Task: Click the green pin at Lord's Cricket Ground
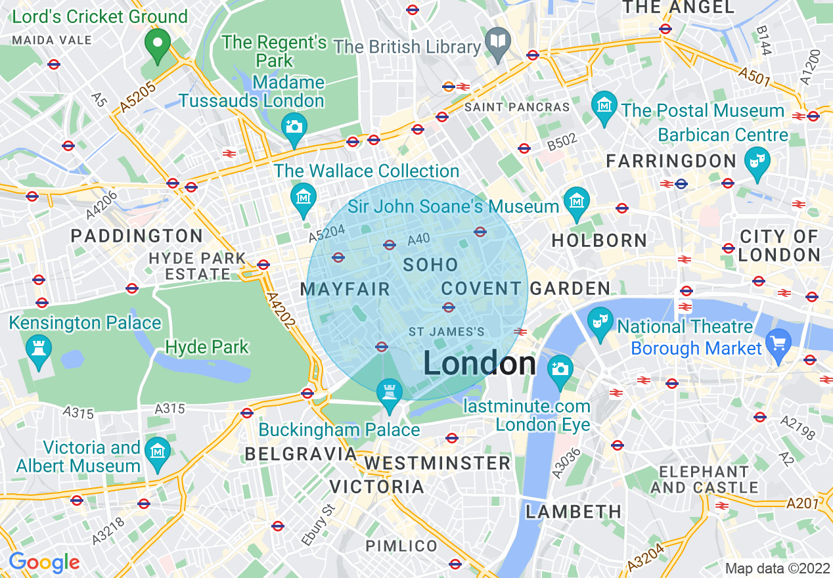[x=157, y=44]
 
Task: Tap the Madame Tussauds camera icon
[x=294, y=125]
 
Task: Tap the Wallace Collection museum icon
[x=304, y=196]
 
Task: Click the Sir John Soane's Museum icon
[x=577, y=199]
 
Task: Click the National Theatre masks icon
[x=600, y=321]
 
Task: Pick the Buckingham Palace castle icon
[x=390, y=393]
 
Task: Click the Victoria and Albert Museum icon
[x=158, y=452]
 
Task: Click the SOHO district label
[x=430, y=265]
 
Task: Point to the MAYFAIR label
[x=345, y=289]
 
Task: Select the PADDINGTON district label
[x=137, y=236]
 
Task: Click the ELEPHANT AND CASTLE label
[x=704, y=479]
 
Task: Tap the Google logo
[x=44, y=562]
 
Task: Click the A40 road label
[x=418, y=241]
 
